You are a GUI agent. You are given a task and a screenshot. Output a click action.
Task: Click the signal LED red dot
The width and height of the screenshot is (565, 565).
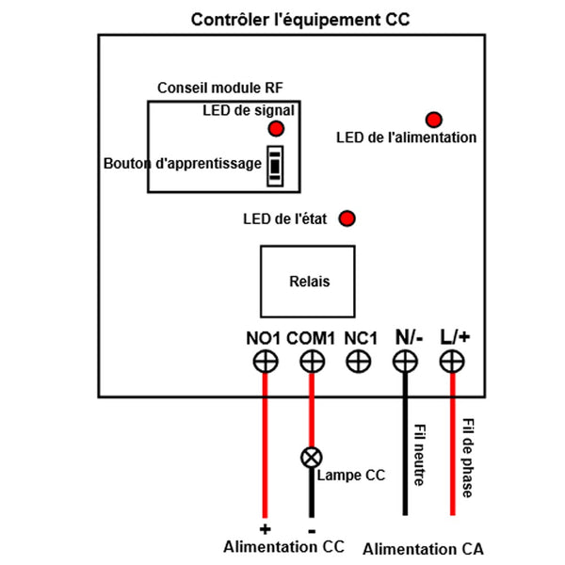(x=276, y=128)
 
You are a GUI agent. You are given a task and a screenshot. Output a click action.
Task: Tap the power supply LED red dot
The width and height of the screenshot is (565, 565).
(x=434, y=120)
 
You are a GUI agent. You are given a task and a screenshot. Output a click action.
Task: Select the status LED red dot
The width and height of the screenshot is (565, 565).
(x=347, y=218)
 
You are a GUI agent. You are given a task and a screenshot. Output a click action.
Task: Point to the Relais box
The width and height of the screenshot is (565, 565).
(x=307, y=281)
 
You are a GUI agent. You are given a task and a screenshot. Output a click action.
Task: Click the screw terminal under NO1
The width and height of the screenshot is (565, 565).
(x=266, y=361)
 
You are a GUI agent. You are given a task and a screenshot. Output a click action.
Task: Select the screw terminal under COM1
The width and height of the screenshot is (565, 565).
(x=312, y=361)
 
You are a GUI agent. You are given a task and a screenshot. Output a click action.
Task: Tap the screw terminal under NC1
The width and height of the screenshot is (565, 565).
(x=359, y=361)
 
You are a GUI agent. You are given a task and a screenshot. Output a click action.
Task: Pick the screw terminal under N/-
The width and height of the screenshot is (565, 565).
(x=405, y=361)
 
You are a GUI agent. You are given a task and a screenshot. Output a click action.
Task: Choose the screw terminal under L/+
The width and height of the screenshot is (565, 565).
(x=452, y=361)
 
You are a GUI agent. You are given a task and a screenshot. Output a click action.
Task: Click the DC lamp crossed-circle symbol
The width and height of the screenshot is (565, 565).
(x=311, y=459)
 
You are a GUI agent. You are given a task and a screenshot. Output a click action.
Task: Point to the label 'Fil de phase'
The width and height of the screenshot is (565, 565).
(x=468, y=459)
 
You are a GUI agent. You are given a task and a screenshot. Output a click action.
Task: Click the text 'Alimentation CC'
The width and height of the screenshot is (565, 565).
(x=283, y=546)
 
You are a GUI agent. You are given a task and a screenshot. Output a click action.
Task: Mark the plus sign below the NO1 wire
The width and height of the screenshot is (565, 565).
(x=265, y=527)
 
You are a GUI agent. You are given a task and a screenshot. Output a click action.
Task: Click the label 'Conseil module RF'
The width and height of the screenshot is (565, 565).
(x=220, y=88)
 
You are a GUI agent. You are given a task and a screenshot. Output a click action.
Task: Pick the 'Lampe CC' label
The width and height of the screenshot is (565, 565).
(x=351, y=475)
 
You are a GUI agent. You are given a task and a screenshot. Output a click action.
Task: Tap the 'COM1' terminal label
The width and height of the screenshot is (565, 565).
(x=312, y=337)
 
